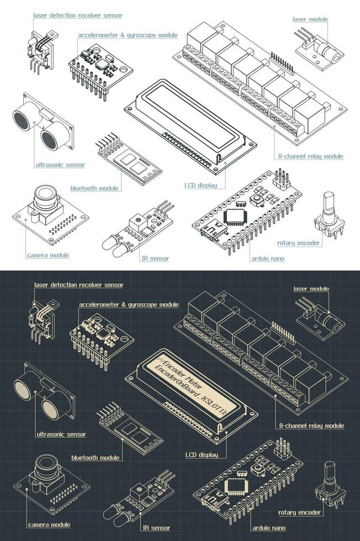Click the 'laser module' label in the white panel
(310, 19)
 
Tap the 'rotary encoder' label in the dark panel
(299, 512)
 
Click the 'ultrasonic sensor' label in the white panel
(60, 165)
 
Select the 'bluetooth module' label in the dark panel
(95, 458)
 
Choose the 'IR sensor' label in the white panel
(155, 258)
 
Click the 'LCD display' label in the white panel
(200, 185)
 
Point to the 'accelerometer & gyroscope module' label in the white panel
(128, 35)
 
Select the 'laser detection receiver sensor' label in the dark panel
(78, 285)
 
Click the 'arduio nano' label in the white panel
(268, 258)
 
